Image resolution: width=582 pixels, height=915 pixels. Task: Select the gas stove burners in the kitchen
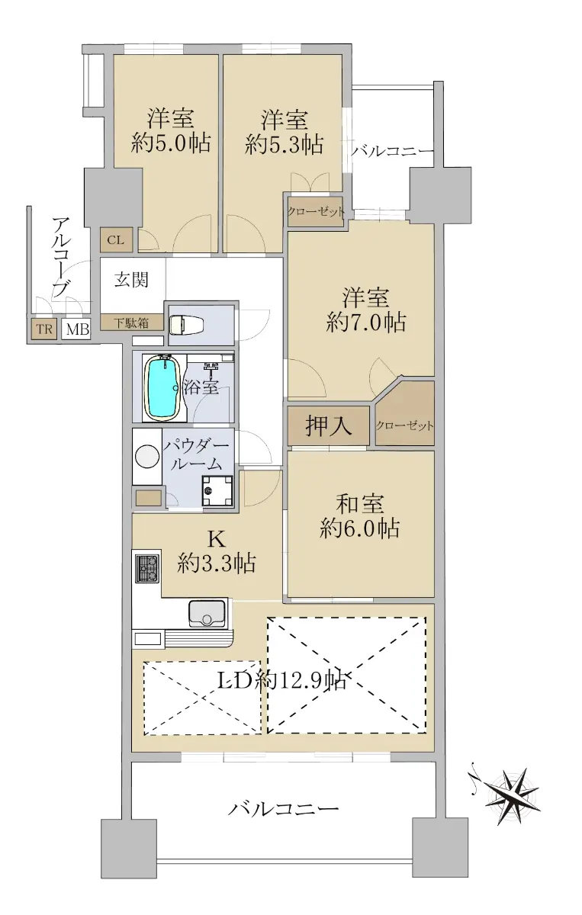click(x=146, y=569)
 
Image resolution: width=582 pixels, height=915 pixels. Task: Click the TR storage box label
click(x=44, y=329)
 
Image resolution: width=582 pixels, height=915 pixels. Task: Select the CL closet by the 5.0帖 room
click(x=116, y=240)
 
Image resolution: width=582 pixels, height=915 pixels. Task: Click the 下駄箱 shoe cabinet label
click(x=131, y=323)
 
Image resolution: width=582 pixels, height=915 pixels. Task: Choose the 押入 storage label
click(x=329, y=426)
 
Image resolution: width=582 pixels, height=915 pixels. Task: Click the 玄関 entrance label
click(x=131, y=281)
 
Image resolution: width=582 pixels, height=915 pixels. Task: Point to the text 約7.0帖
click(x=366, y=323)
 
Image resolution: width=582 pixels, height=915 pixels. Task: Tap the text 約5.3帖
click(x=285, y=144)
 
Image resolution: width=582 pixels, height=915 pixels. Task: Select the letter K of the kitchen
click(x=217, y=540)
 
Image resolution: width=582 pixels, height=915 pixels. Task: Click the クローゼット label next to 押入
click(x=404, y=425)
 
